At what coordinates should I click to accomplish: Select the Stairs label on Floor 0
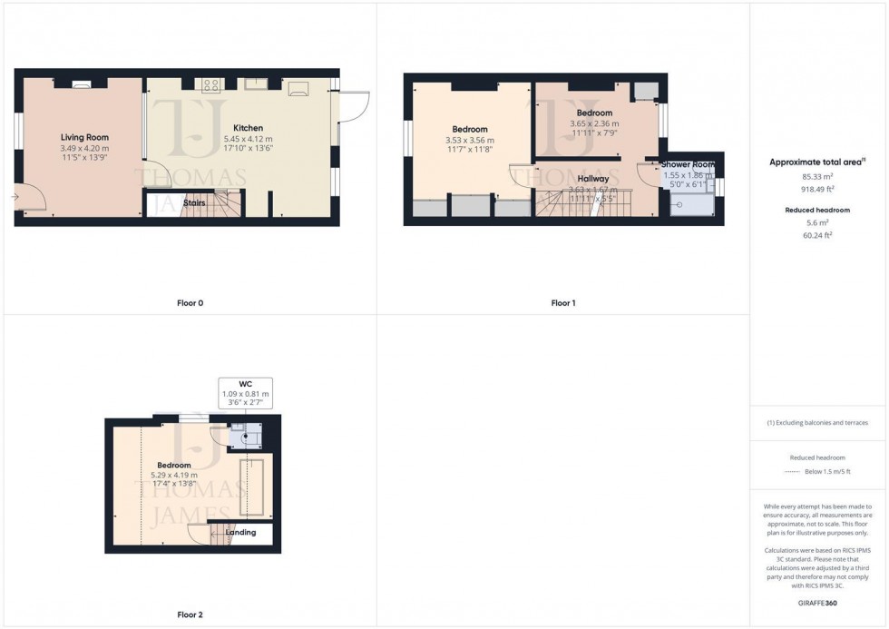[194, 203]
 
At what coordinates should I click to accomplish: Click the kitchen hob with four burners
[212, 85]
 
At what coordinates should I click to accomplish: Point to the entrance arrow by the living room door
[15, 196]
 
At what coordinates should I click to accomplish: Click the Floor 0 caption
[190, 303]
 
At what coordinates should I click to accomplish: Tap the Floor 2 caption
[190, 614]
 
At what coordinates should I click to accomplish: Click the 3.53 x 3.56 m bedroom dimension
[470, 141]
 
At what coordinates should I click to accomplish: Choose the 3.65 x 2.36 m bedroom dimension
[594, 124]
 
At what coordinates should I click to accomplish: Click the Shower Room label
[687, 164]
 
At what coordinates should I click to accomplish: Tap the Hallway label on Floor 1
[589, 179]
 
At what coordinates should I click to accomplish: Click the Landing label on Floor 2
[240, 533]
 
